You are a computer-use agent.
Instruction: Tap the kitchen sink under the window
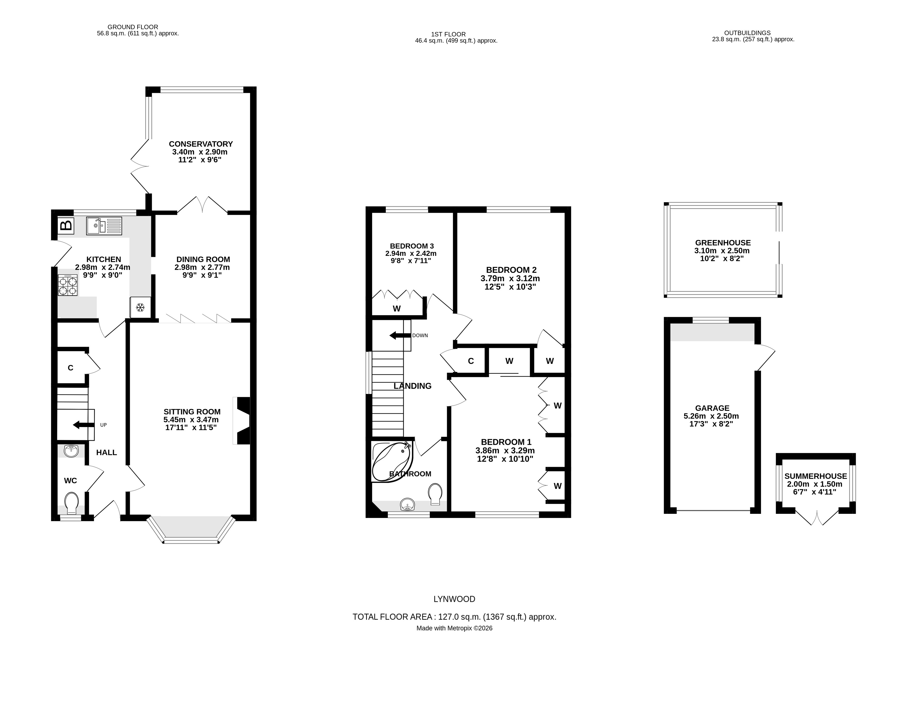(x=104, y=226)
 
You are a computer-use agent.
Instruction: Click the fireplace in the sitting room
(x=242, y=421)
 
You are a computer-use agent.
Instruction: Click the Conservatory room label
(x=200, y=144)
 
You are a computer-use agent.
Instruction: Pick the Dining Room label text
(x=203, y=259)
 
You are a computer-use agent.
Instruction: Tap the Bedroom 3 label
(x=411, y=246)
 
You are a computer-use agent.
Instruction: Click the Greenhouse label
(x=723, y=243)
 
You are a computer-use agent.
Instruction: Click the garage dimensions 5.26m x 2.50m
(x=711, y=416)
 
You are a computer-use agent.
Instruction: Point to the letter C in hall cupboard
(x=71, y=368)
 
